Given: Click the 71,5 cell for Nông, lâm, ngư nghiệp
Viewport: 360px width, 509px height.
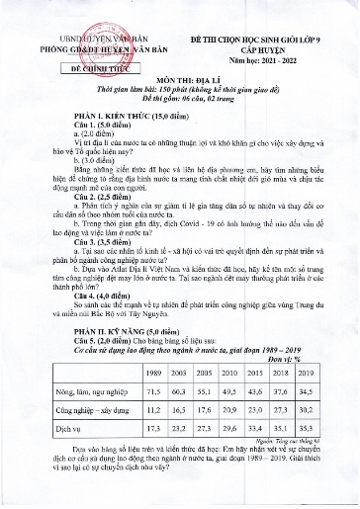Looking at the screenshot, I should coord(153,392).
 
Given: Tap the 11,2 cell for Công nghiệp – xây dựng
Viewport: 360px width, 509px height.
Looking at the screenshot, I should coord(153,411).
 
